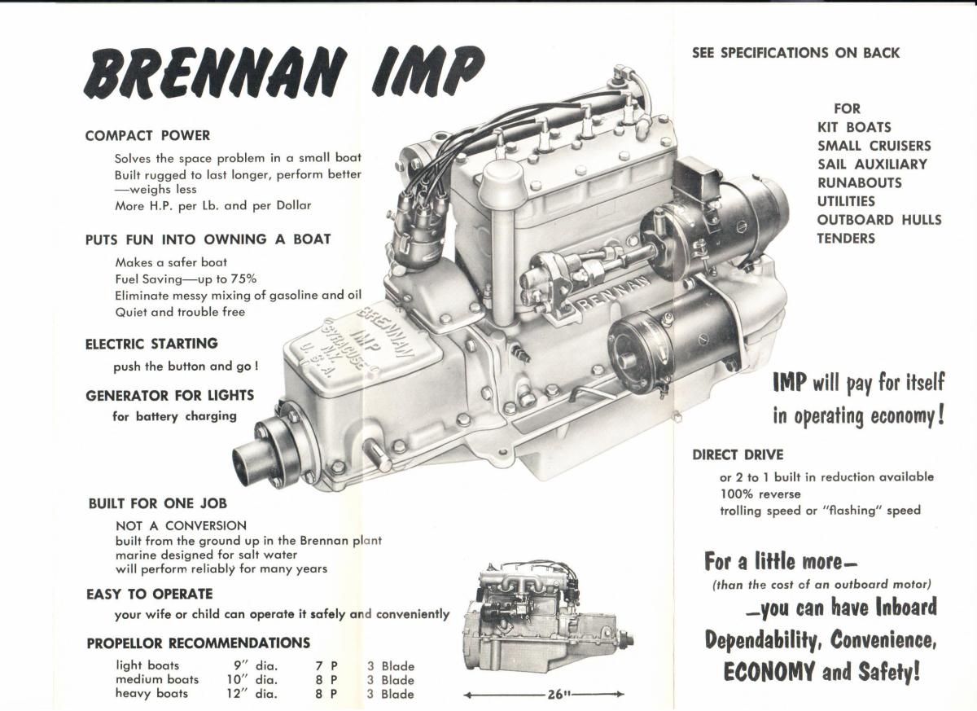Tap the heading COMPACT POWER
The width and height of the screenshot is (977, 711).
(148, 136)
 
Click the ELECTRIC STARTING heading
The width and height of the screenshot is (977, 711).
(151, 344)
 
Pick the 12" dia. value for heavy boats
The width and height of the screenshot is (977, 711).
(252, 694)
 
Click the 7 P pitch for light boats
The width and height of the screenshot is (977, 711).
(326, 666)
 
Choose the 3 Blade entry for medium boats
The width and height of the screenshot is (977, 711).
(391, 680)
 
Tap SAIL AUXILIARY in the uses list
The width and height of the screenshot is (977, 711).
(872, 165)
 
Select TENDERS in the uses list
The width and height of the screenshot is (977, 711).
(846, 239)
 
